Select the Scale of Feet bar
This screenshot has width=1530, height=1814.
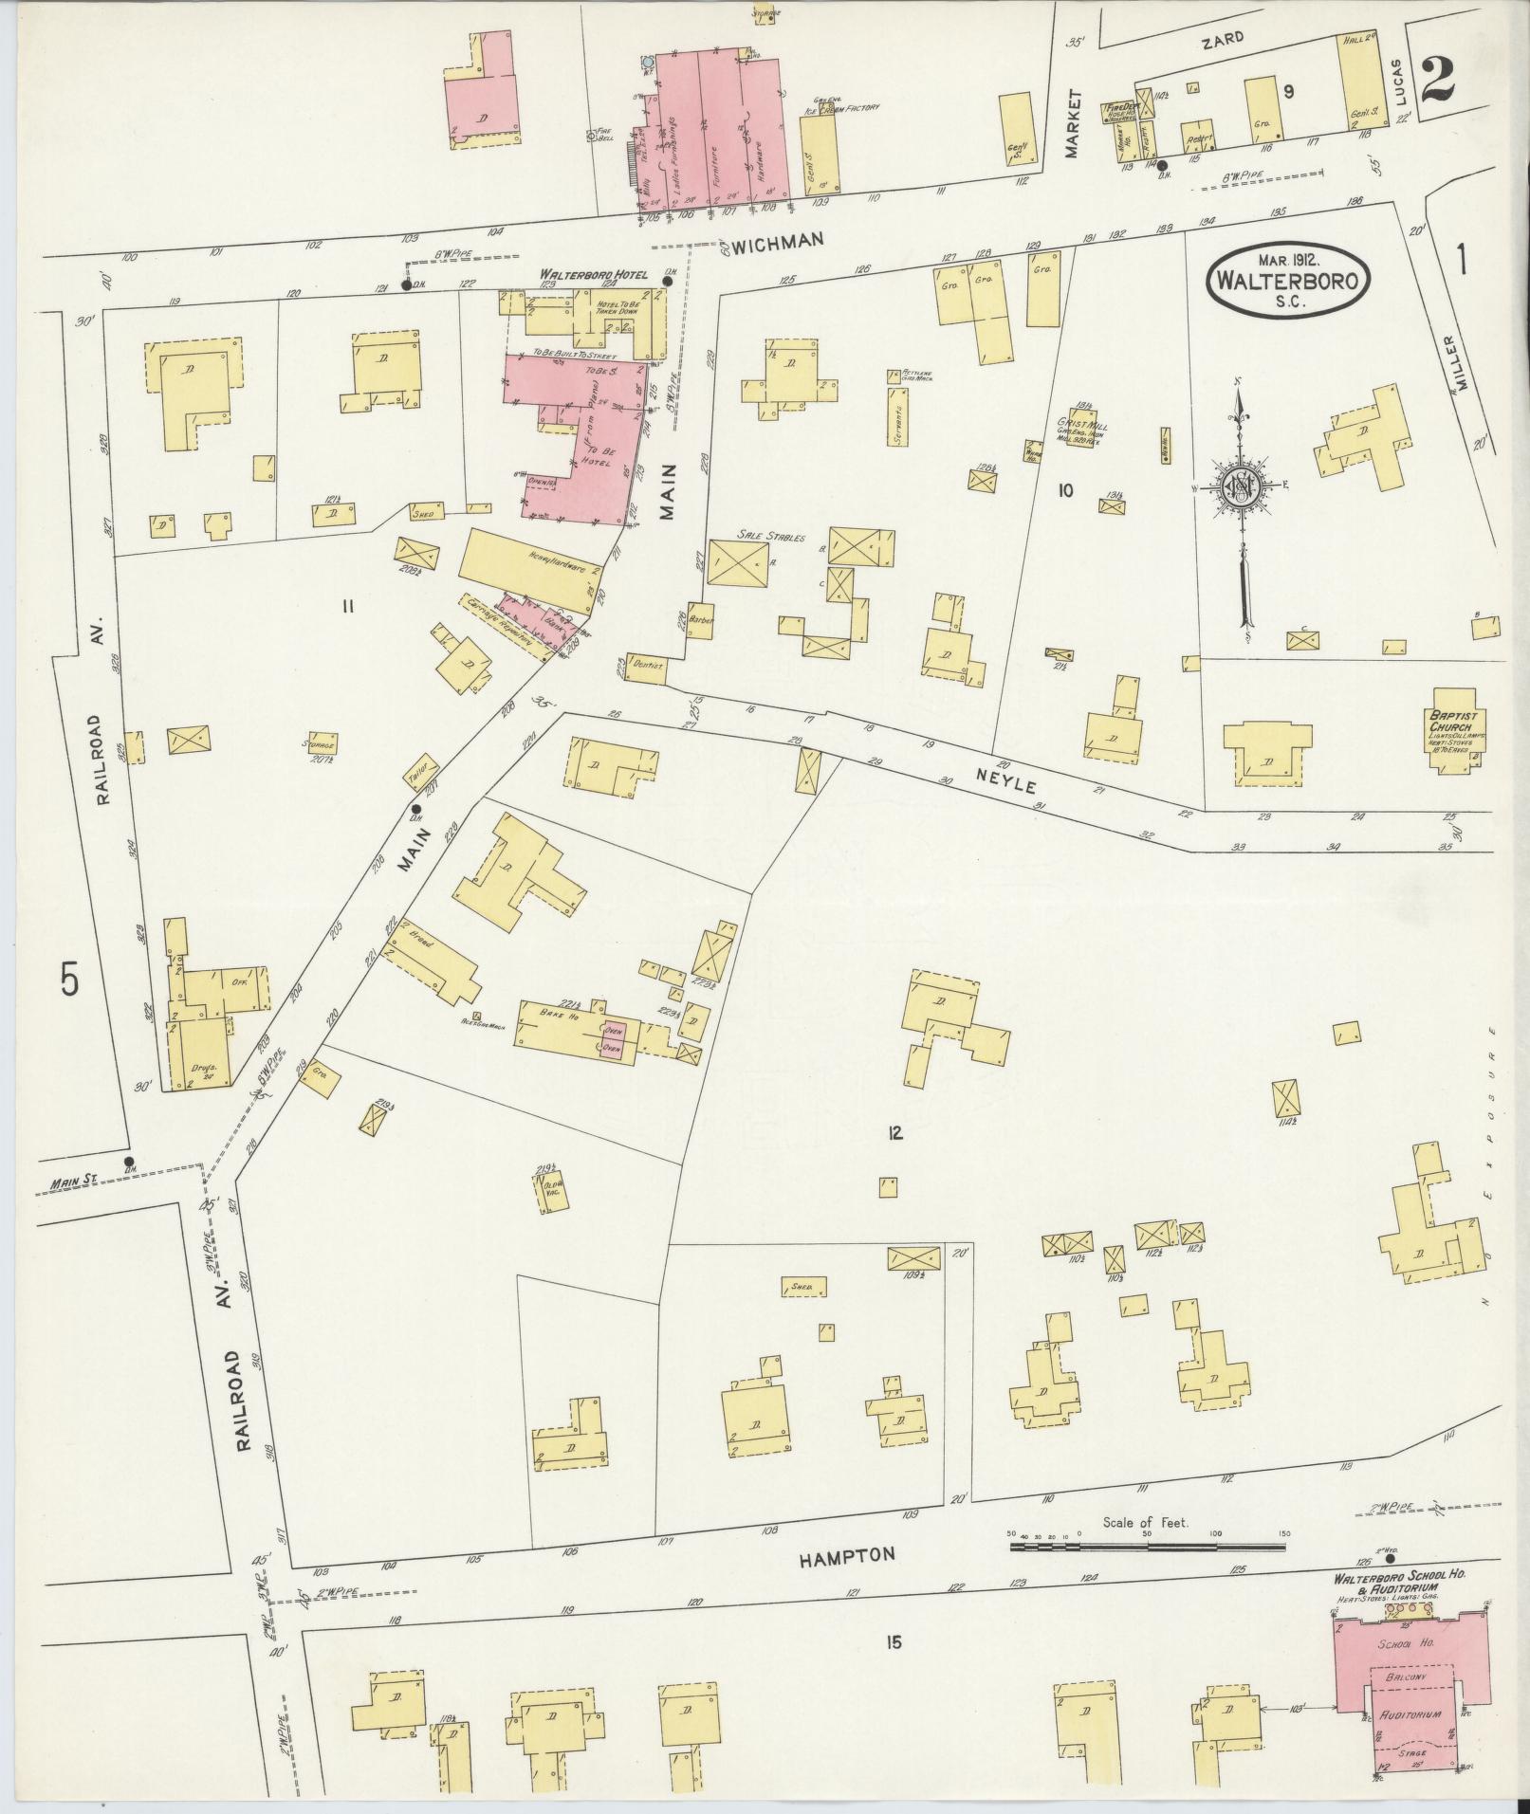pos(1148,1547)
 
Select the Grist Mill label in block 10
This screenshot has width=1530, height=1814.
pos(1081,426)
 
